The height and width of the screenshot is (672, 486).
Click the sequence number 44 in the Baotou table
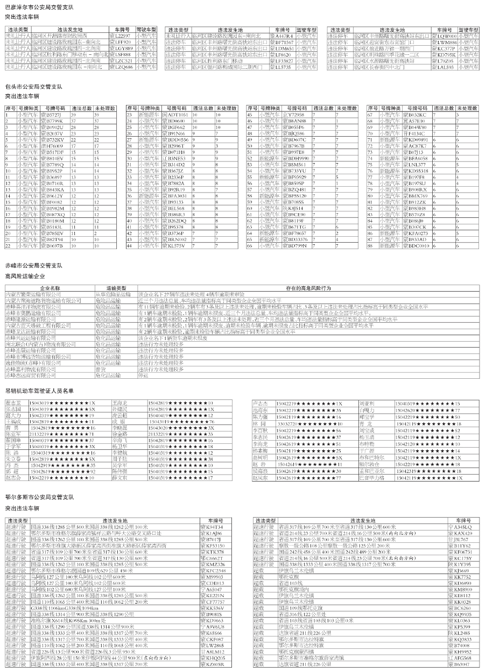(129, 245)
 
